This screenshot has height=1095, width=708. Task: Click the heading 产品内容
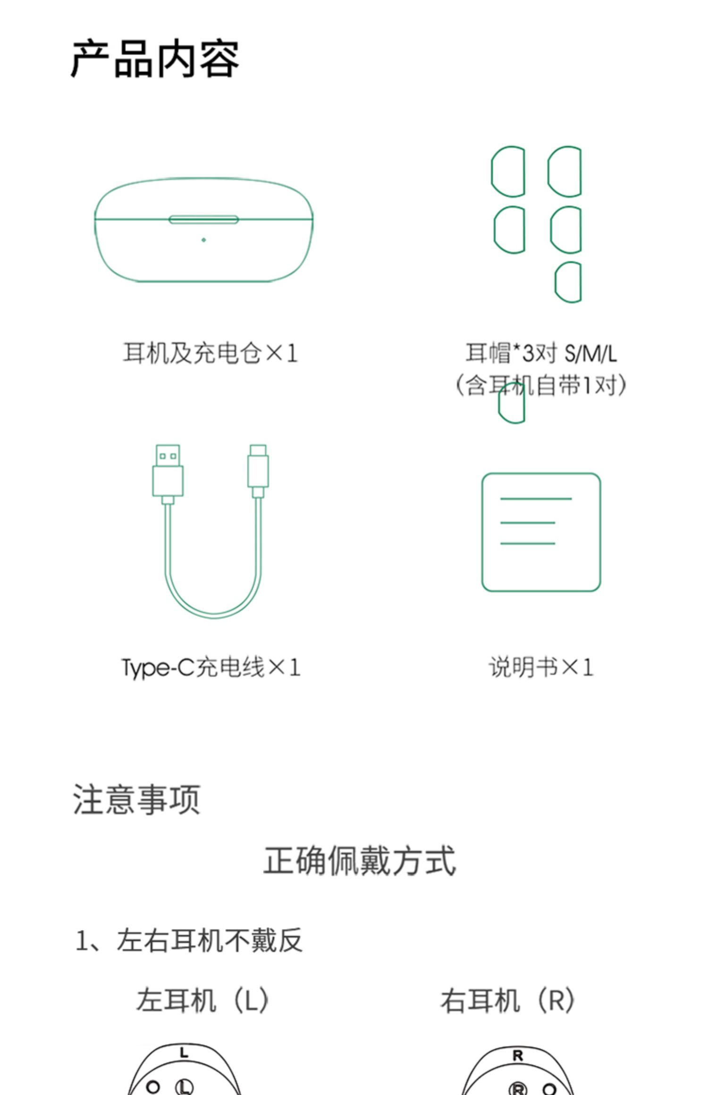(155, 59)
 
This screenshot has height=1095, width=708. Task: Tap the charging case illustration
(203, 230)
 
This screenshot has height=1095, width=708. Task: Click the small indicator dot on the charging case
(203, 240)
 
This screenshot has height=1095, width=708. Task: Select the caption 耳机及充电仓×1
(211, 353)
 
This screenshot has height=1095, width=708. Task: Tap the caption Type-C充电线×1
(211, 668)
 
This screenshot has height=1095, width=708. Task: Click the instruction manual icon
(541, 532)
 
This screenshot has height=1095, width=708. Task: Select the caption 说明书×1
(541, 667)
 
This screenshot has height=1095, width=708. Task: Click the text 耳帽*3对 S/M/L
(541, 353)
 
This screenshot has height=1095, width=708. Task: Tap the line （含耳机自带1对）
(541, 385)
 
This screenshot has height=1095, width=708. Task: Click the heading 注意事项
(137, 799)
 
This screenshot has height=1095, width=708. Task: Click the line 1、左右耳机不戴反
(189, 940)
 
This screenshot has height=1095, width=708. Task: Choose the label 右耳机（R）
(508, 1000)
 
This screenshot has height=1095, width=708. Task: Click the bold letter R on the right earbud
(518, 1056)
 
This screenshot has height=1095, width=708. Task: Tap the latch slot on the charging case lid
(203, 220)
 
